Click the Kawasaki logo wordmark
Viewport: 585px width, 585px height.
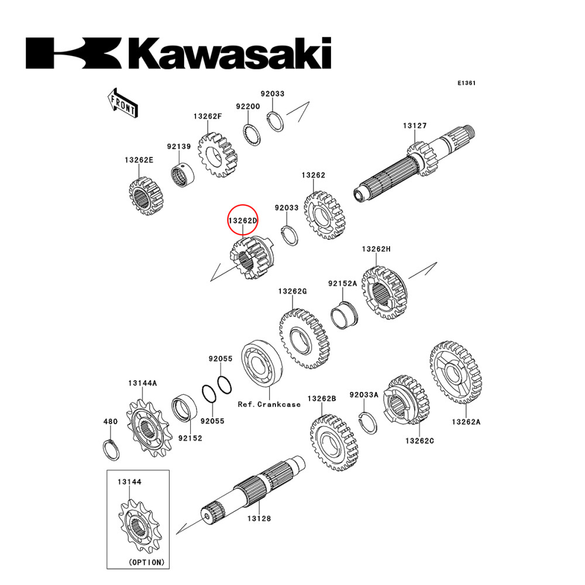pyautogui.click(x=178, y=54)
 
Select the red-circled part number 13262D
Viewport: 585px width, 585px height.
pyautogui.click(x=242, y=221)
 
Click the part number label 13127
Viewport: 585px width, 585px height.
pyautogui.click(x=414, y=126)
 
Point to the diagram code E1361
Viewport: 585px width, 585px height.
pyautogui.click(x=466, y=83)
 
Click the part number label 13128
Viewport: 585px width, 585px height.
pyautogui.click(x=258, y=518)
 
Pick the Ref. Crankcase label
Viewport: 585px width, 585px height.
pyautogui.click(x=269, y=404)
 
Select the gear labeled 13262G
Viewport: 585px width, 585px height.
pyautogui.click(x=304, y=339)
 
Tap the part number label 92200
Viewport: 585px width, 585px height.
pyautogui.click(x=247, y=106)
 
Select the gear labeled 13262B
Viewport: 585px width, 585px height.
pyautogui.click(x=333, y=443)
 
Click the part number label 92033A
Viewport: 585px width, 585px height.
pyautogui.click(x=364, y=395)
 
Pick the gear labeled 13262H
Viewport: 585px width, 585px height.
pyautogui.click(x=384, y=294)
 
